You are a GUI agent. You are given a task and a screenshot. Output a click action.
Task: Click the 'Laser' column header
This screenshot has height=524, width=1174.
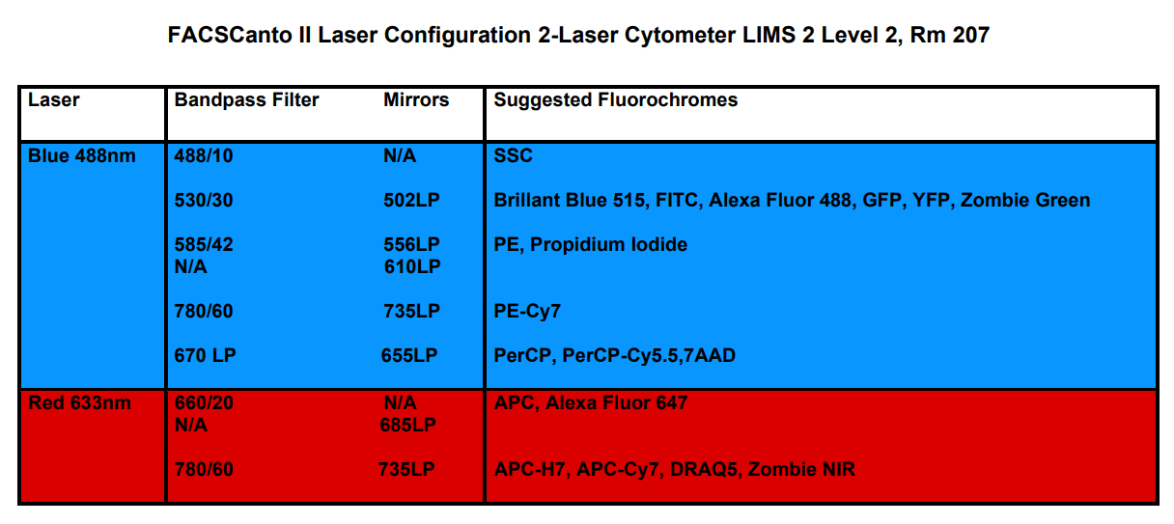coord(54,99)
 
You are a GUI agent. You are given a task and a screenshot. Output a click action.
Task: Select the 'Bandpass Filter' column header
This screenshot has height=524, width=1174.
coord(246,99)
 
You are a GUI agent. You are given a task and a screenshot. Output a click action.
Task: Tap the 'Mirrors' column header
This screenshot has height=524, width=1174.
coord(416,99)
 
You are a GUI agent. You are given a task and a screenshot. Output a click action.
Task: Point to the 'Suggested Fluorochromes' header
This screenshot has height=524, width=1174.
coord(616,99)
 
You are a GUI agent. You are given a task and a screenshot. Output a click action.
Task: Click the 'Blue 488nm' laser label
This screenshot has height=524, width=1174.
coord(82,155)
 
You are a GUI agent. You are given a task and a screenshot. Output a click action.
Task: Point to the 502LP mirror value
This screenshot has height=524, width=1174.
coord(412,200)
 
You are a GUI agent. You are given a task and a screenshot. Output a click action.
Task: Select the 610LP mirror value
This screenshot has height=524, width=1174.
coord(412,266)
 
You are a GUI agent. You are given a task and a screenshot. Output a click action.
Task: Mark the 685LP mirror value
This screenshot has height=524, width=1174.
coord(408,425)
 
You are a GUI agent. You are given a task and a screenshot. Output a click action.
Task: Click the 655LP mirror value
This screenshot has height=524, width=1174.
coord(409,356)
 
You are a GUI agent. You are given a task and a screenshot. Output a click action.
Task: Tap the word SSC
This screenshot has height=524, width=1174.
coord(513,155)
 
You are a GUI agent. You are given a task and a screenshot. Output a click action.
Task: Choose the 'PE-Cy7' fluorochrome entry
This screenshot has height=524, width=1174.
coord(527,312)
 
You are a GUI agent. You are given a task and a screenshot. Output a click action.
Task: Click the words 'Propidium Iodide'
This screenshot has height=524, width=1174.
coord(609,245)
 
